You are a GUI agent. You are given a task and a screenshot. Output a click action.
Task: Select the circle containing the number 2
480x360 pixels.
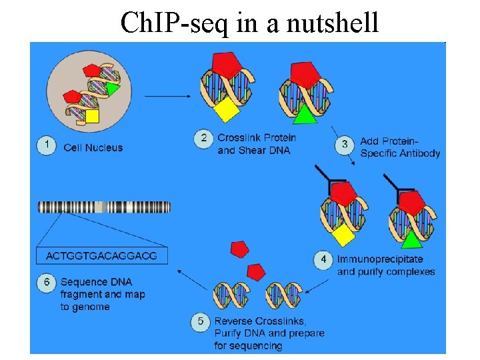tap(203, 139)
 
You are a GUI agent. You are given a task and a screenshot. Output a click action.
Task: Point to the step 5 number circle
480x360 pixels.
tap(201, 323)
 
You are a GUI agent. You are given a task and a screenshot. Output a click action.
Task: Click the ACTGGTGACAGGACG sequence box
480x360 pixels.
tap(101, 256)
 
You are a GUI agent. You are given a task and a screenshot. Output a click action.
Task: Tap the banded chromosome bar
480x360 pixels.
tap(104, 207)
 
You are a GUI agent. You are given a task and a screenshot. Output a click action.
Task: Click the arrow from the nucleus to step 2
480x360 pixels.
tap(167, 97)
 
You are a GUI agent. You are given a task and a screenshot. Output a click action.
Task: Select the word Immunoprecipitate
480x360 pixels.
tap(380, 259)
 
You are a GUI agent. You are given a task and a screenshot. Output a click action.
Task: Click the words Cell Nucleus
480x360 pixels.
tap(93, 147)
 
